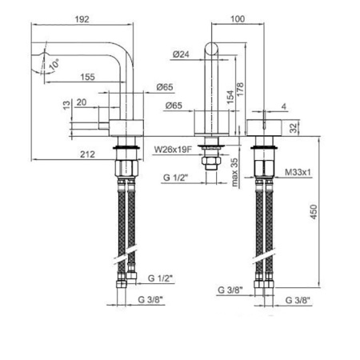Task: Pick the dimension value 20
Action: tap(82, 102)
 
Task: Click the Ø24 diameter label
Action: tap(181, 54)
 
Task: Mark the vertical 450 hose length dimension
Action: tap(322, 213)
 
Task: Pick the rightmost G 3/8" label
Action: tap(298, 302)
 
